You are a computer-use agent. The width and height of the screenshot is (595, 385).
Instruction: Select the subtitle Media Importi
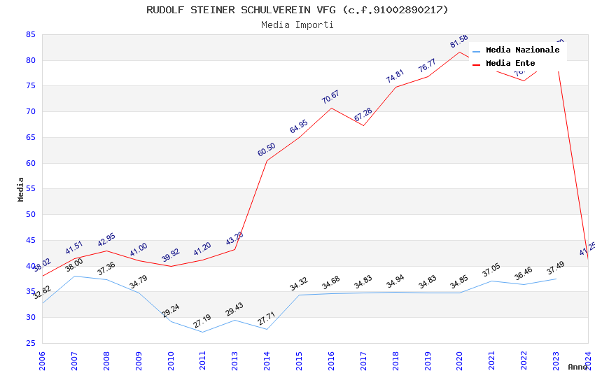coord(297,24)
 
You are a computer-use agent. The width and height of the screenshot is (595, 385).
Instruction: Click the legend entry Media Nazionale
coord(522,50)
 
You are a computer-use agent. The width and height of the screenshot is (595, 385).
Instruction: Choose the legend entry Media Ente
coord(510,63)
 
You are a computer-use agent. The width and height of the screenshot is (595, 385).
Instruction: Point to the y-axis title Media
coord(21,189)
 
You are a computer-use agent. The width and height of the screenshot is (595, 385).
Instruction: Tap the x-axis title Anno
coord(577,367)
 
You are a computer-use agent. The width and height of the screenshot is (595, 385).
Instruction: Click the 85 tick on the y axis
coord(30,34)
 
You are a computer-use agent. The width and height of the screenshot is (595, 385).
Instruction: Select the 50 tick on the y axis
coord(30,215)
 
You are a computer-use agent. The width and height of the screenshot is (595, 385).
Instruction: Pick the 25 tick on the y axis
coord(30,343)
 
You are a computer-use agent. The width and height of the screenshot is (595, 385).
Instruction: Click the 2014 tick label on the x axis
coord(267,360)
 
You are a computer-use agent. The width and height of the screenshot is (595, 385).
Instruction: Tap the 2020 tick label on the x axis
coord(460,360)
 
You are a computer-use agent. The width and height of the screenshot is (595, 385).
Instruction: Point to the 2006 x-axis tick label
coord(42,360)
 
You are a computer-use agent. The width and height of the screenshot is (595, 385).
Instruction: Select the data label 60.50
coord(266,150)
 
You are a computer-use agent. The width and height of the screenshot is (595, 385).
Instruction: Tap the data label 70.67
coord(330,97)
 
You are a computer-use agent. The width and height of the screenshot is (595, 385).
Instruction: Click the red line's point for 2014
coord(267,160)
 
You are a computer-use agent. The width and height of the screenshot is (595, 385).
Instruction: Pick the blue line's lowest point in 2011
coord(202,332)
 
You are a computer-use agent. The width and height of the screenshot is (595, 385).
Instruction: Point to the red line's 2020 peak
coord(460,52)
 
